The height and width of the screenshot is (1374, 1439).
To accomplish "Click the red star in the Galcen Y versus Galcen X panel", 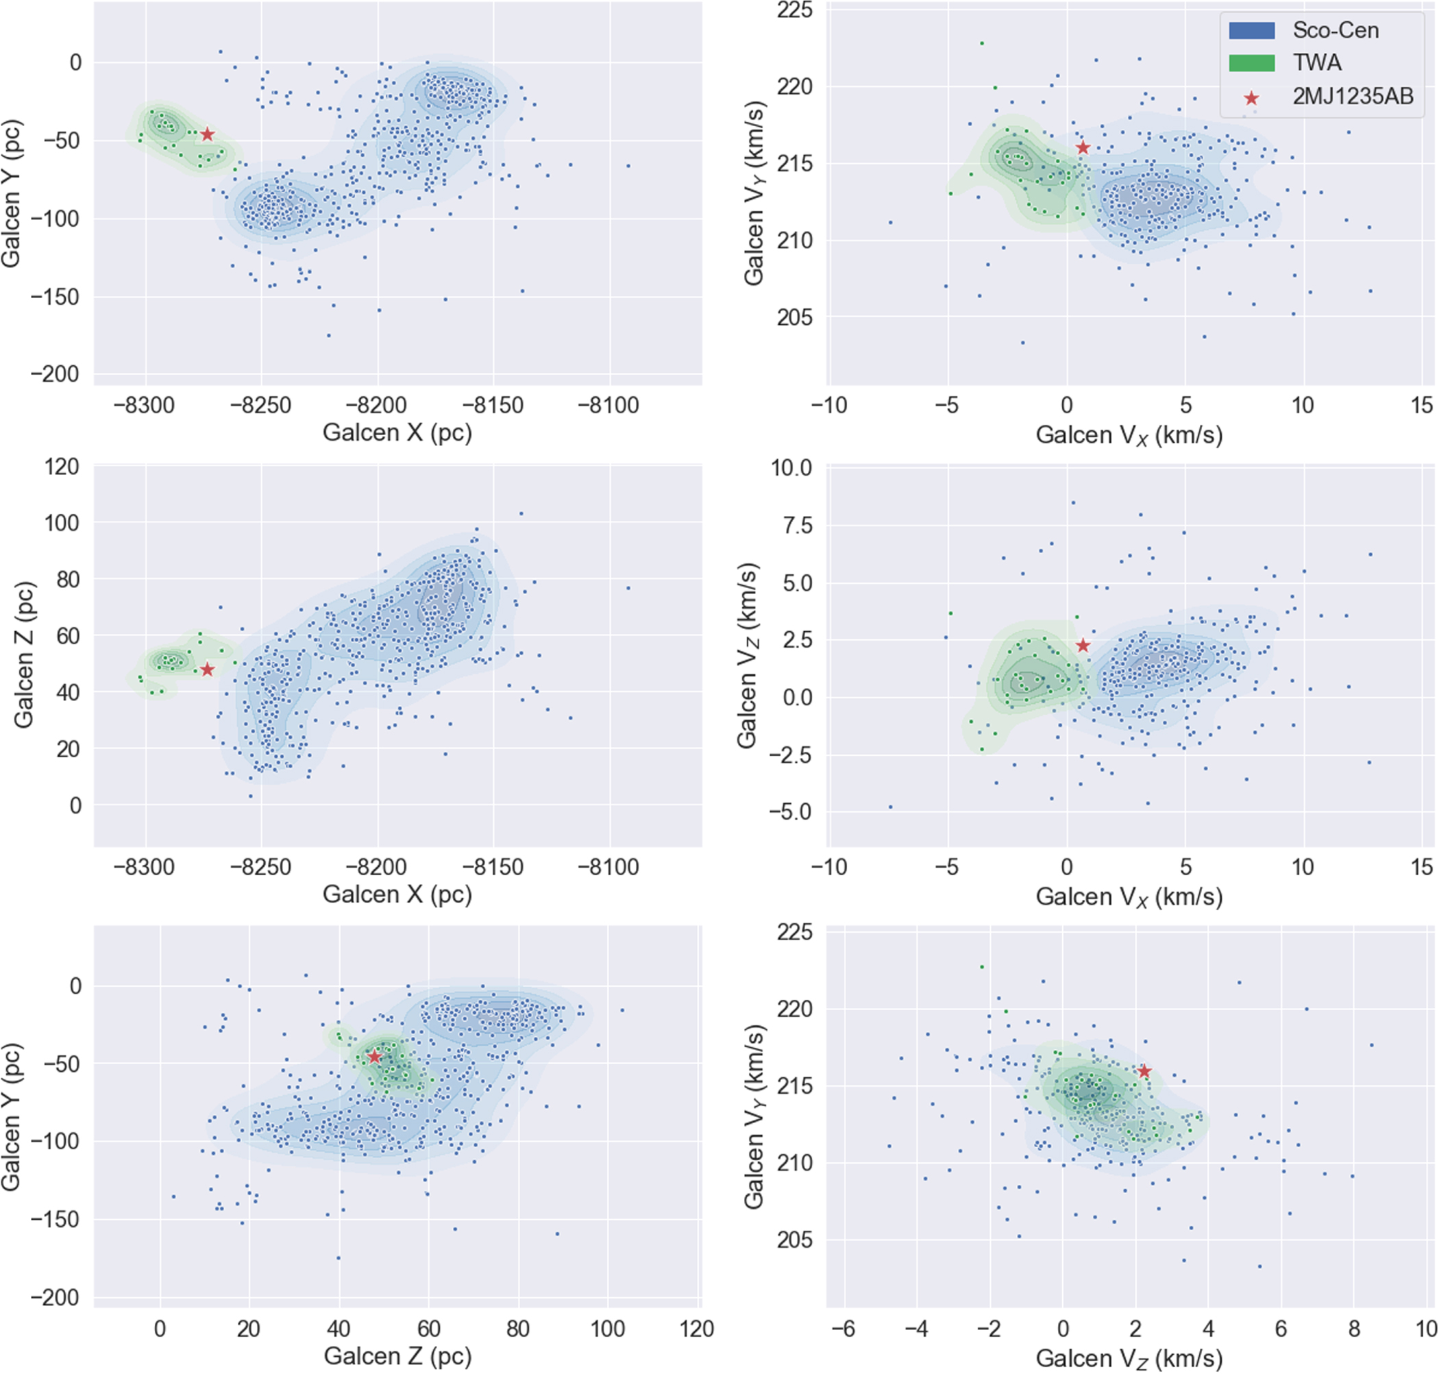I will point(208,135).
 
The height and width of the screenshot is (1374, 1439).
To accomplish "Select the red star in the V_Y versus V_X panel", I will point(1083,148).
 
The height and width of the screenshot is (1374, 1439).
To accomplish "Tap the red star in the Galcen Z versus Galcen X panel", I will point(208,670).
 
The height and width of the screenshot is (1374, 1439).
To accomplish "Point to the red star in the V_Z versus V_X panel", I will point(1083,646).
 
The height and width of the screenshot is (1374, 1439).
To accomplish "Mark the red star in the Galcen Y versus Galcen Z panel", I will point(375,1057).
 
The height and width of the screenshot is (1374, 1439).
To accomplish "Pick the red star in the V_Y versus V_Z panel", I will point(1144,1072).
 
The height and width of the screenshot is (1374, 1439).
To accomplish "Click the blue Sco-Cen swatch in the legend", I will point(1251,30).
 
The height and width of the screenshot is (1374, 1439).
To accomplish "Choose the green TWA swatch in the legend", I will point(1251,63).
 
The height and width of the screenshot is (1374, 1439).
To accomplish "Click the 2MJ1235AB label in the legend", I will point(1353,97).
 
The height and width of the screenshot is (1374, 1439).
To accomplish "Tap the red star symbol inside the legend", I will point(1251,98).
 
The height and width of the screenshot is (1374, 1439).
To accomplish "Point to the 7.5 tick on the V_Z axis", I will point(791,525).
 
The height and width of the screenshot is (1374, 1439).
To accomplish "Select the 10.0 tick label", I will point(791,467).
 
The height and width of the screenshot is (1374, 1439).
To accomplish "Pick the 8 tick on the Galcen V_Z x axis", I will point(1354,1329).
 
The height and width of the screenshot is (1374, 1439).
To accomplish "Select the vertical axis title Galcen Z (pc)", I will point(24,656).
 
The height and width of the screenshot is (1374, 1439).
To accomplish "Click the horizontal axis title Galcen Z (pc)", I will point(397,1355).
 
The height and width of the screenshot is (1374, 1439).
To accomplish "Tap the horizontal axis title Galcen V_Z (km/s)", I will point(1129,1358).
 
